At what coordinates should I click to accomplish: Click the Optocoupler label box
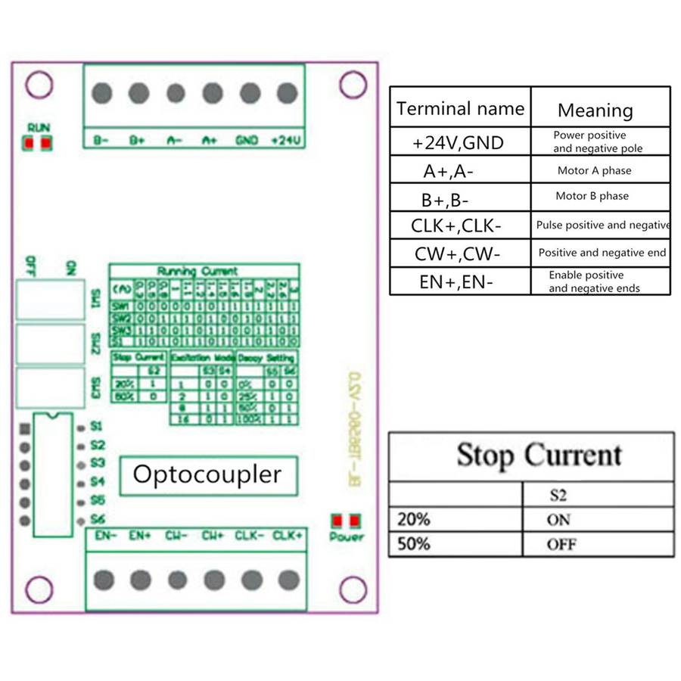207,475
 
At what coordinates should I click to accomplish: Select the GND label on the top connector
247,141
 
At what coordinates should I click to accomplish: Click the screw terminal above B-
102,93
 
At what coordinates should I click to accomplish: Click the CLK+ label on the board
288,536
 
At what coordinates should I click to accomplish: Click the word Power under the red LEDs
346,537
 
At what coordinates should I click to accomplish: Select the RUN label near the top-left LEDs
38,127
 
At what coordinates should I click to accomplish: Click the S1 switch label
96,427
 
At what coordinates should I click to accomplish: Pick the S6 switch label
96,519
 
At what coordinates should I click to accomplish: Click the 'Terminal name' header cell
460,109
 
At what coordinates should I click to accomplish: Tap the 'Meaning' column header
595,110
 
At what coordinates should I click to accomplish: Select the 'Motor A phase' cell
594,171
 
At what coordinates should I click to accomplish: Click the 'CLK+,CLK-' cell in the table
456,225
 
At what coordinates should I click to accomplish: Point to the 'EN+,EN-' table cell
456,282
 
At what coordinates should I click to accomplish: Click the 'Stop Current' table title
539,456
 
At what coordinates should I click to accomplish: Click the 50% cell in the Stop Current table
414,544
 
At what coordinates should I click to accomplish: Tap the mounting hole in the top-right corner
353,85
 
